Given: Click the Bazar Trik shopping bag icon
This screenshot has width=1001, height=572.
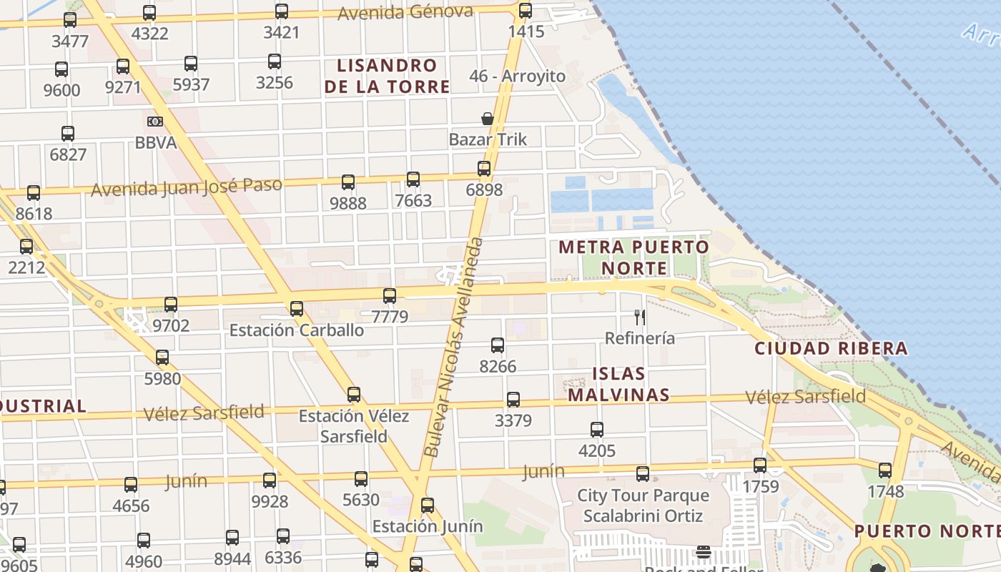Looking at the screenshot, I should click(488, 119).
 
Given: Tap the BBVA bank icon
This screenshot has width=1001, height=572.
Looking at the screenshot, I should click(155, 122).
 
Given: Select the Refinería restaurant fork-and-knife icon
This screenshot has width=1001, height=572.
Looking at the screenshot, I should click(640, 317).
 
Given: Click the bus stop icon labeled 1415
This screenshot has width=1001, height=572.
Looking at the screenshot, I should click(526, 11).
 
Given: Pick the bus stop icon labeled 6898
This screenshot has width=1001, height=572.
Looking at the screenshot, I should click(484, 169).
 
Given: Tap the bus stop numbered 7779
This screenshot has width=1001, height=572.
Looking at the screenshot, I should click(390, 295).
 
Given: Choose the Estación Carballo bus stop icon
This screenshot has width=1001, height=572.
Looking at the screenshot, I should click(297, 309).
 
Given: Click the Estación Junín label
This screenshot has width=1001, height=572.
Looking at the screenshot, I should click(428, 527).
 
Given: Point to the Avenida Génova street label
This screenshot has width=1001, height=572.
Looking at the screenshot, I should click(405, 12).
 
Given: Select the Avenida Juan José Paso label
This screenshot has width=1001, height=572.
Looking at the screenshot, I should click(187, 186).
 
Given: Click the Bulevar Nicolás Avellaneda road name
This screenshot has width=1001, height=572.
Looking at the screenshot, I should click(453, 347).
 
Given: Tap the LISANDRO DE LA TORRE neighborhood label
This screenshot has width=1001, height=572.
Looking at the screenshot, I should click(387, 76).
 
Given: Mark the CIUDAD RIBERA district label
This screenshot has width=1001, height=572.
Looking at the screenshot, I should click(832, 349).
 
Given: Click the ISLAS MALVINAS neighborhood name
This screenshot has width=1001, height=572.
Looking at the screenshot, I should click(619, 384).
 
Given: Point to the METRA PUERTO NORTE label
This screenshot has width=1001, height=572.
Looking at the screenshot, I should click(634, 257).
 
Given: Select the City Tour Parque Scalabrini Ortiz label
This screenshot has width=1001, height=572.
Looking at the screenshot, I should click(643, 506).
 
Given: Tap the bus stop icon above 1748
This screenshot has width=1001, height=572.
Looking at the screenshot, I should click(885, 470).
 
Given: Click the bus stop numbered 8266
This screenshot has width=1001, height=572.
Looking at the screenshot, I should click(498, 345).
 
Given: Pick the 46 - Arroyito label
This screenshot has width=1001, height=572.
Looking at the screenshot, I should click(517, 76).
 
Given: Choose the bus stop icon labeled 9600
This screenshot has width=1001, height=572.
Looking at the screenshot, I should click(61, 69).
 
